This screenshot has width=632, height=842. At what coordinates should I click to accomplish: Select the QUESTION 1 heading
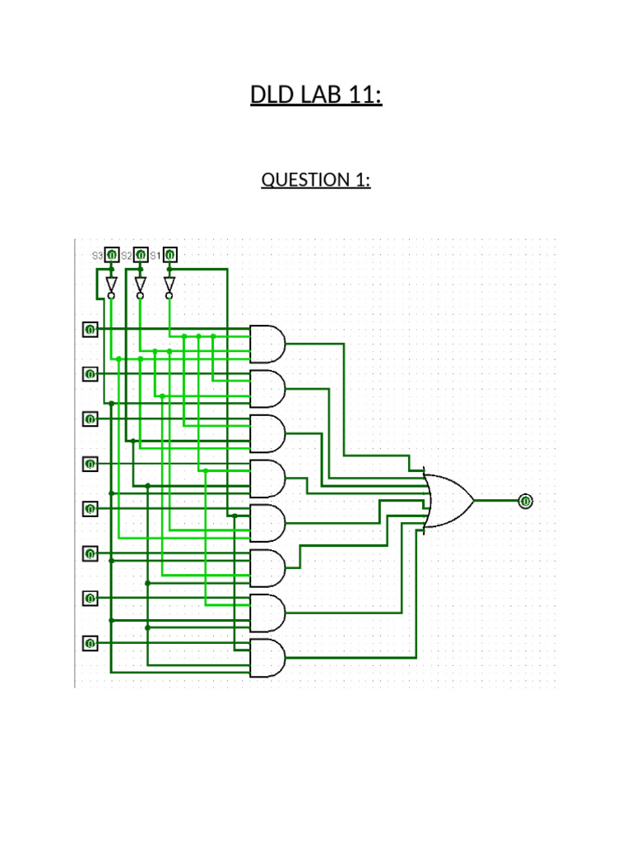(x=316, y=179)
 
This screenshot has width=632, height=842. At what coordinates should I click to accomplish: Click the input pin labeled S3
(x=112, y=255)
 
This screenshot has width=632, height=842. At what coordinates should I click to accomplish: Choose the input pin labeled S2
(x=141, y=255)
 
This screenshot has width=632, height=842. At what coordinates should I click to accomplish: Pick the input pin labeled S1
(x=170, y=255)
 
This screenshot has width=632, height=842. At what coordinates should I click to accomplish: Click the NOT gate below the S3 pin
(x=111, y=285)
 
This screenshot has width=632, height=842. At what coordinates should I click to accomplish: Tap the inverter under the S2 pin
(x=140, y=285)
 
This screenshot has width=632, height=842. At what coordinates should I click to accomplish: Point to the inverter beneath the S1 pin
(x=170, y=285)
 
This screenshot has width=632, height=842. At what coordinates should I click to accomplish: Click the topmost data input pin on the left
(x=90, y=330)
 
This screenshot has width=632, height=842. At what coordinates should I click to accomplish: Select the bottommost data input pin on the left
(x=90, y=642)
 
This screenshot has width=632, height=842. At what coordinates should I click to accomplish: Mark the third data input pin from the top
(x=90, y=419)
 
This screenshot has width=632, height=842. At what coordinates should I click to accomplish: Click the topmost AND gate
(x=268, y=344)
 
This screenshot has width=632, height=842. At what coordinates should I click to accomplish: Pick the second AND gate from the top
(x=268, y=388)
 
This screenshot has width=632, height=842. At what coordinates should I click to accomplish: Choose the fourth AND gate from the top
(x=268, y=479)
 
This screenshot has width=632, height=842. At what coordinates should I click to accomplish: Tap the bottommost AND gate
(x=268, y=658)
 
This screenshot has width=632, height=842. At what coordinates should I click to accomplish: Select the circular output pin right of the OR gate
(x=526, y=501)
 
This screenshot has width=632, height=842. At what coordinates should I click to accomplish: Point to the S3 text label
(x=97, y=256)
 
